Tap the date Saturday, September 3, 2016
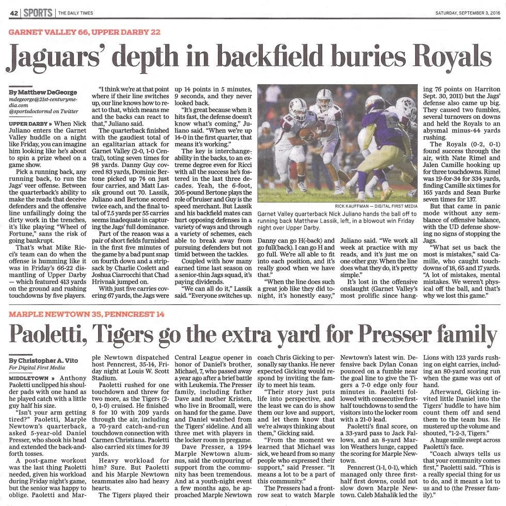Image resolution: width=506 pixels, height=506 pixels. click(x=468, y=12)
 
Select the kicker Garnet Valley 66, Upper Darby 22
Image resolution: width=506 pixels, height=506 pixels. click(x=85, y=33)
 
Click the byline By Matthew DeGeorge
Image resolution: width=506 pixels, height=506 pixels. click(x=42, y=91)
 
